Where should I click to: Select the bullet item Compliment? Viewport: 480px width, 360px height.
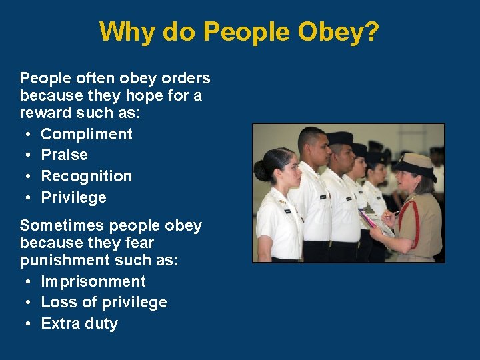87,134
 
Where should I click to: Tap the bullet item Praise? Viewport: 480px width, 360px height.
65,155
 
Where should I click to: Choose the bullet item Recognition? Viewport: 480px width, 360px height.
87,176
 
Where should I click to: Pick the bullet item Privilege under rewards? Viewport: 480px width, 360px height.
74,197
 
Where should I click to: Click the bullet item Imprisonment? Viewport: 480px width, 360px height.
93,281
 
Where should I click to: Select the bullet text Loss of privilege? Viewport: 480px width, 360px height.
104,302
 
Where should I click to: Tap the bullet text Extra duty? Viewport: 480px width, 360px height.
79,323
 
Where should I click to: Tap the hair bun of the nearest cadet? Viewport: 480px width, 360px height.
261,171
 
